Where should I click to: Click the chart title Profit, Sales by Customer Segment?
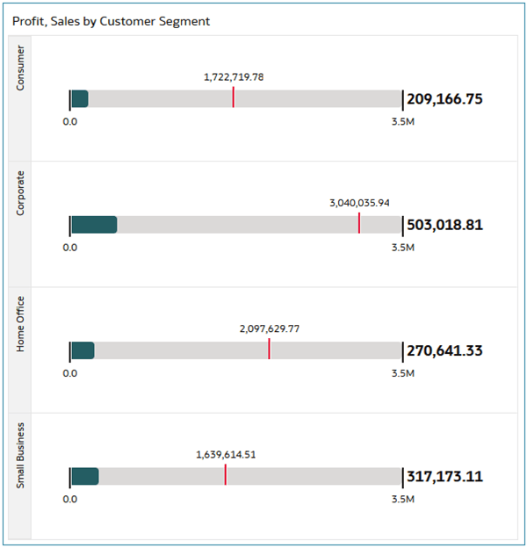tap(111, 20)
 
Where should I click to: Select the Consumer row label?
tap(21, 68)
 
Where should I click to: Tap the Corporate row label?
tap(21, 193)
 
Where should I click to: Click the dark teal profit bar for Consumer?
tap(79, 98)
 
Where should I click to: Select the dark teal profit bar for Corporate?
tap(94, 225)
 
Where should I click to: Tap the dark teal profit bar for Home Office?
tap(83, 350)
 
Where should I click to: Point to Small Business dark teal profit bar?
tap(84, 476)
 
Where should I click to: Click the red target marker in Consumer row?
tap(233, 97)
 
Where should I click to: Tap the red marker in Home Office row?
tap(269, 350)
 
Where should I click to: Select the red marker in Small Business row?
tap(225, 475)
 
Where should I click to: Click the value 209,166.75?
tap(444, 99)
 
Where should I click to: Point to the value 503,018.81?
tap(444, 225)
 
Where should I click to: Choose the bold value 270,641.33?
tap(444, 351)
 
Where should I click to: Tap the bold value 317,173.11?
tap(444, 477)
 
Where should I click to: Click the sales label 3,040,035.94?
tap(359, 203)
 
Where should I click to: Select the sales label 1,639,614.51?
tap(226, 455)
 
